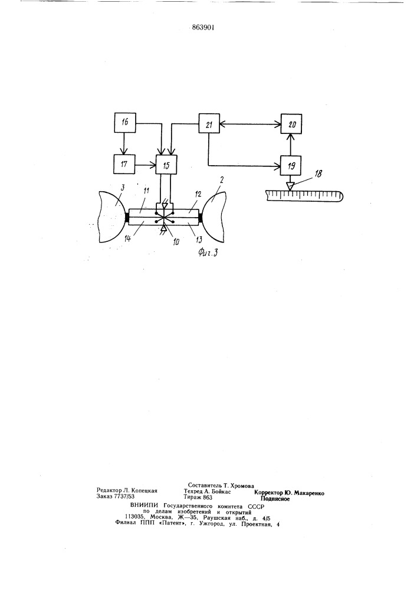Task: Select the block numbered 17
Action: coord(124,165)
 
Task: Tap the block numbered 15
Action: coord(166,165)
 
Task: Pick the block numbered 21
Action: coord(209,123)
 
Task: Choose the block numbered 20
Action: coord(292,123)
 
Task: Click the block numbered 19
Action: coord(292,165)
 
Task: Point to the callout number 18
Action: coord(318,173)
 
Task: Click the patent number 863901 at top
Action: coord(201,28)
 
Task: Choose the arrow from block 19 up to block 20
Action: coord(292,144)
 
